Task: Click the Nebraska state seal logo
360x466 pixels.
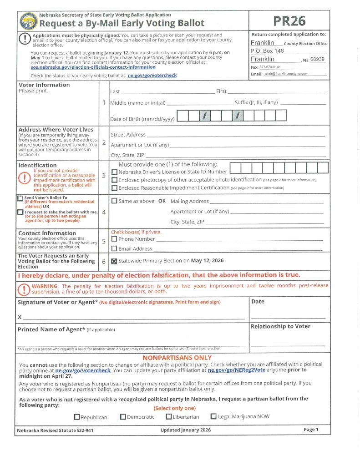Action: tap(29, 21)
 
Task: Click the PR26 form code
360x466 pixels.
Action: tap(289, 21)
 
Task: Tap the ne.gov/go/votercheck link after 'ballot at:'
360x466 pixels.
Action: tap(152, 75)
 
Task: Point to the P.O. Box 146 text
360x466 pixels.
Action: tap(267, 51)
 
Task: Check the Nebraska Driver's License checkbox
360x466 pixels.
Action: tap(115, 172)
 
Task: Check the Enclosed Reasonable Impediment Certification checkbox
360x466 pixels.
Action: tap(115, 187)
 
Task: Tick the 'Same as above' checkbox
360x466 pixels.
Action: tap(115, 201)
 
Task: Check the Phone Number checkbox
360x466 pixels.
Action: tap(115, 238)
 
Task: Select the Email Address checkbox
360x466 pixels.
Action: tap(115, 248)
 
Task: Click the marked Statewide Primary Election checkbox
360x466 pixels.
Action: tap(115, 261)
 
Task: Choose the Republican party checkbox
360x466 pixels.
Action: tap(77, 417)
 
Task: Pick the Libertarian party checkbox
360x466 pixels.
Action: tap(169, 416)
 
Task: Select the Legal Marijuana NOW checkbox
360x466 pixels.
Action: tap(213, 416)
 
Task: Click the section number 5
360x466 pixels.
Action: tap(104, 241)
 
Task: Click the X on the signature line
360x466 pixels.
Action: tap(20, 317)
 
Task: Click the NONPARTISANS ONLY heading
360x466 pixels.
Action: tap(177, 358)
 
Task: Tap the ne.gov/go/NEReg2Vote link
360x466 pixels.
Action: tap(236, 370)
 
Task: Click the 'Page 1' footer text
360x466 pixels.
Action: tap(311, 430)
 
